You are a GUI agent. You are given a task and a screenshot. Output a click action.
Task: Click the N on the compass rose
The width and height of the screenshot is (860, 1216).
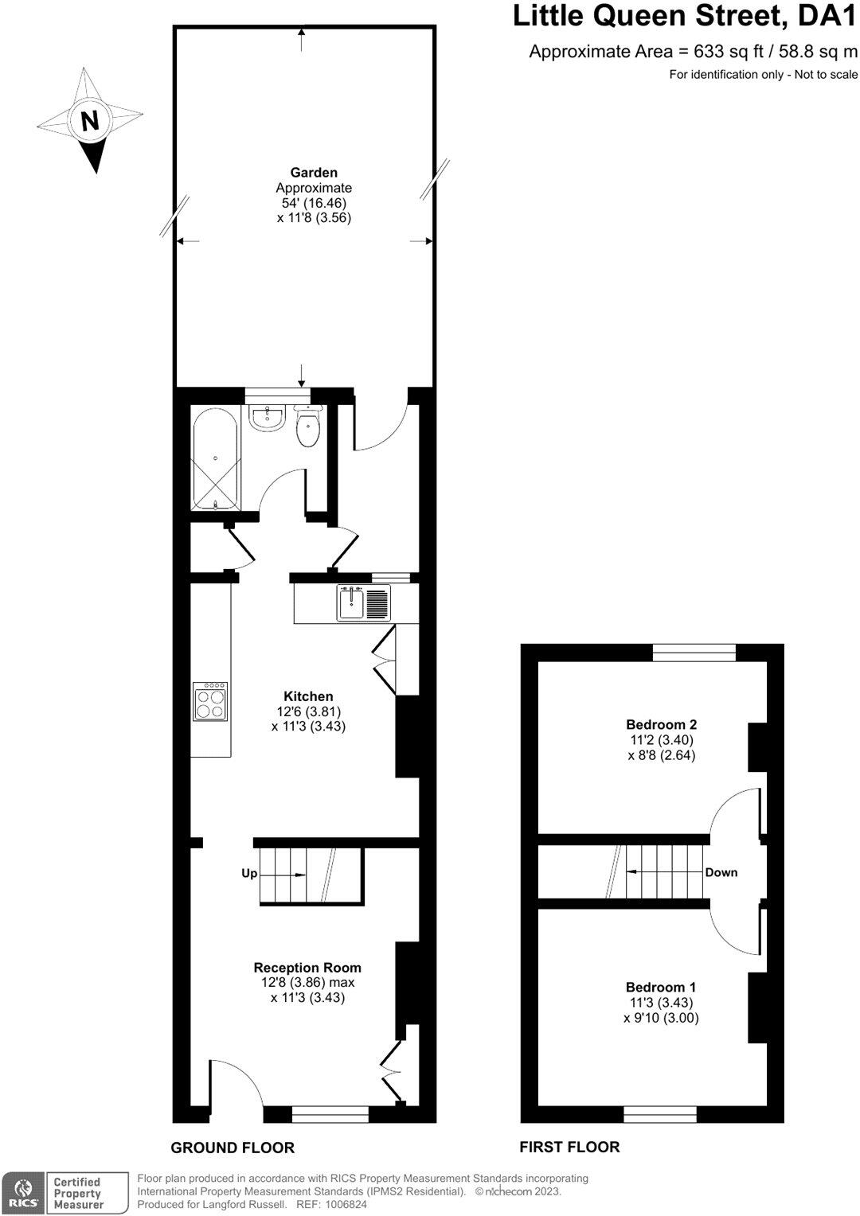click(x=90, y=121)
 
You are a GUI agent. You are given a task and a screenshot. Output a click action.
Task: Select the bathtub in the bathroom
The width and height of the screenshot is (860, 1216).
click(x=215, y=459)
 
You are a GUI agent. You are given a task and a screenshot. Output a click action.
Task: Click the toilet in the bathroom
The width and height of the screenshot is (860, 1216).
click(x=308, y=428)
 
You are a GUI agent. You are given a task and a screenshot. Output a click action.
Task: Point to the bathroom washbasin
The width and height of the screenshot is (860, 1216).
click(x=267, y=417)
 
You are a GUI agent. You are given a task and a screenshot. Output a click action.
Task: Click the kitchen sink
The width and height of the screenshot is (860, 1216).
click(x=351, y=603)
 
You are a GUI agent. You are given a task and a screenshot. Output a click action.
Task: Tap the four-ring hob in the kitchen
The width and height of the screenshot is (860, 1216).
click(x=211, y=702)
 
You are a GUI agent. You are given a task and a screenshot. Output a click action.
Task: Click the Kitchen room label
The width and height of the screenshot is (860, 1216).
click(x=308, y=696)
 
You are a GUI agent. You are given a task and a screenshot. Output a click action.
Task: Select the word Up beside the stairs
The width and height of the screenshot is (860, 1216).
click(x=249, y=874)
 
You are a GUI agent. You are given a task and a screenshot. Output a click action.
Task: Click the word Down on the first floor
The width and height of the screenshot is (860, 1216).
click(x=721, y=873)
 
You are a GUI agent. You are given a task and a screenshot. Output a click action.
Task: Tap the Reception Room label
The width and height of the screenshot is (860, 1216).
click(x=307, y=968)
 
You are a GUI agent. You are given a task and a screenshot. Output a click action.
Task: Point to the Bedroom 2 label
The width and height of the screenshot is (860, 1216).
click(x=662, y=724)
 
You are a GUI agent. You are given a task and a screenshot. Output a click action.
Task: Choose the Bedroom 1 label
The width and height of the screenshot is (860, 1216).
click(x=661, y=987)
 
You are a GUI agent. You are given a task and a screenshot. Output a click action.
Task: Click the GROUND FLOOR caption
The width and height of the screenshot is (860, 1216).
click(x=233, y=1148)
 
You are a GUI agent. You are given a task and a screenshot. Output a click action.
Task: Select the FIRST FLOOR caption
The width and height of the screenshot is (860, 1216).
click(x=569, y=1147)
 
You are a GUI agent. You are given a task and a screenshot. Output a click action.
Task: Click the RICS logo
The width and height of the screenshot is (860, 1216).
click(x=21, y=1192)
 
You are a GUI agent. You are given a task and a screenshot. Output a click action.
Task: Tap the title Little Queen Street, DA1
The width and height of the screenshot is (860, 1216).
click(x=685, y=16)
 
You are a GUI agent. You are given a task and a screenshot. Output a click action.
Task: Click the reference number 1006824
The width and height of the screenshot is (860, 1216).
click(x=343, y=1204)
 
